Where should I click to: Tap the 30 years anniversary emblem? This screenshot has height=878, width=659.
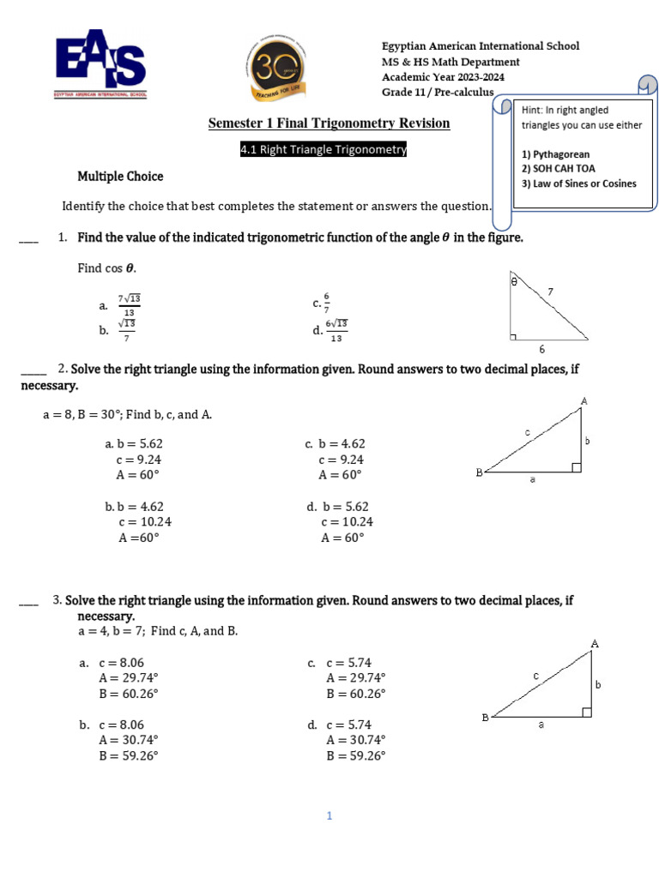pos(276,68)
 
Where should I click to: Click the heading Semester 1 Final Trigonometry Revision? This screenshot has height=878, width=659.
pos(329,123)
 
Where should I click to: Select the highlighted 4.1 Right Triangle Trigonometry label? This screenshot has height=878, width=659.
pos(323,150)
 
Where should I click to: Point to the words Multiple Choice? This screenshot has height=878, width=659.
pos(120,177)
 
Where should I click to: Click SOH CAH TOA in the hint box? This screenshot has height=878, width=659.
pos(558,169)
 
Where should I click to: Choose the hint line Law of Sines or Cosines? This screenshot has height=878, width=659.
pos(579,183)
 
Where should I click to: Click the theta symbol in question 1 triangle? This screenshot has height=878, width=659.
pos(513,280)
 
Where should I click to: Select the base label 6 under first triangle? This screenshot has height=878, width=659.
pos(541,350)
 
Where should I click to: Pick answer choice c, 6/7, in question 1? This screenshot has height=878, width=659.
pos(325,304)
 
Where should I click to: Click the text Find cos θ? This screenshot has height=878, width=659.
pos(107,268)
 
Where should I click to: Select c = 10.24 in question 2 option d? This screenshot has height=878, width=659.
pos(347,522)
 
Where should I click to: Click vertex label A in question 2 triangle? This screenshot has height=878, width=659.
pos(584,401)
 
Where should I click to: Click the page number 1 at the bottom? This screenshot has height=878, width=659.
pos(329,816)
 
